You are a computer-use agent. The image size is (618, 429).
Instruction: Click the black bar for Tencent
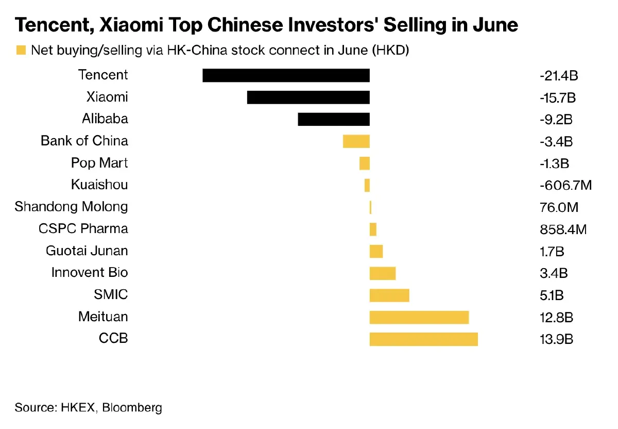coord(286,75)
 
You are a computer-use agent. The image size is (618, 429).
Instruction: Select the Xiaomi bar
coord(308,97)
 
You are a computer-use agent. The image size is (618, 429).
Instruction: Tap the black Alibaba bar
coord(334,119)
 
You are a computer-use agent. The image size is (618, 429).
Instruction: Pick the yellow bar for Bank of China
coord(356,141)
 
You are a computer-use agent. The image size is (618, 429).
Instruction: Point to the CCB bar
coord(423,339)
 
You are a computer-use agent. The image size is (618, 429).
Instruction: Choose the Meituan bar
coord(419,317)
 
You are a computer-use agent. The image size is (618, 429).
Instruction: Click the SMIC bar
coord(389,295)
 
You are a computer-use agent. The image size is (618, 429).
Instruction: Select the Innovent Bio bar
coord(383,273)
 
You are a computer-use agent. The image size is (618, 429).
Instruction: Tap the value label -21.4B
coord(559,76)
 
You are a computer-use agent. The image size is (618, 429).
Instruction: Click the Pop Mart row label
coord(99,163)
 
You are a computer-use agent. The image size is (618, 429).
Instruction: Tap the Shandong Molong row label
coord(71,207)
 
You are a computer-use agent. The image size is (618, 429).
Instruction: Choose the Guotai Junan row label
coord(87,251)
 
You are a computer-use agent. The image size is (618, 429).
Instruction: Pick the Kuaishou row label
coord(99,185)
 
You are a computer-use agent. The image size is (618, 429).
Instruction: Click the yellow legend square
coord(21,50)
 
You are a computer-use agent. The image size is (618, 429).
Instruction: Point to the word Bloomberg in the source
coord(132,408)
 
